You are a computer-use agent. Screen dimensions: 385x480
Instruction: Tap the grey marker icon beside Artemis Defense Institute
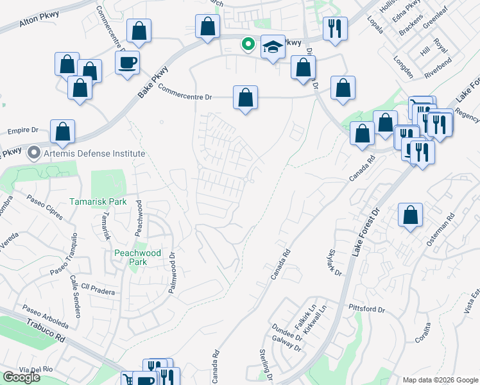33,154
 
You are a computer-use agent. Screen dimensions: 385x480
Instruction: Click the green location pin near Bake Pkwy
247,44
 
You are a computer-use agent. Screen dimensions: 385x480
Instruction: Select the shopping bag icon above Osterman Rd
410,215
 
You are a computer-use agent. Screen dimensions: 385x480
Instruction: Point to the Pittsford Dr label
366,309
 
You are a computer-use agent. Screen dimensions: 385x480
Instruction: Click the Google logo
21,377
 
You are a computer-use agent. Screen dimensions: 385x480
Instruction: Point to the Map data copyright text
440,380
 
